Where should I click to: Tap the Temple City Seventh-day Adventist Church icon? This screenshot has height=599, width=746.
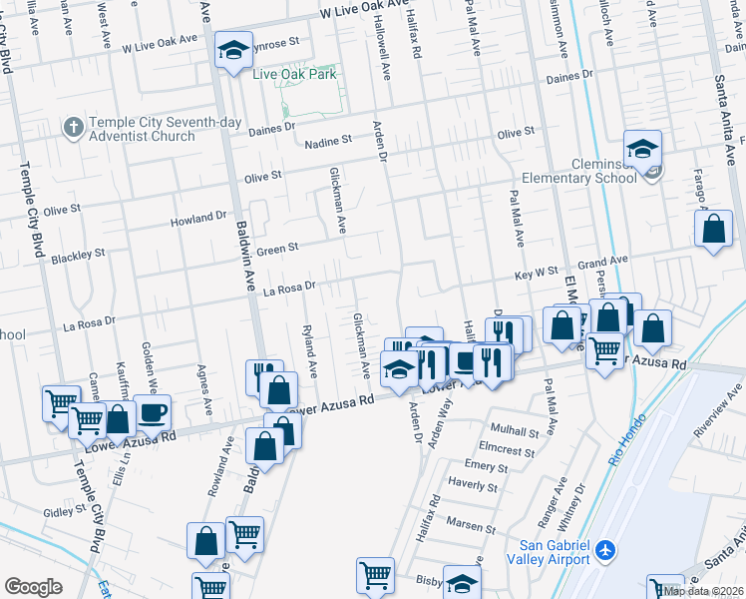click(73, 128)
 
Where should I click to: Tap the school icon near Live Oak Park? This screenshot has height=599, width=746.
click(233, 52)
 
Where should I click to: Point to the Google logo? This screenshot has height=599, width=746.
click(33, 587)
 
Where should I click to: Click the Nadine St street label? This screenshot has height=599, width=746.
click(329, 142)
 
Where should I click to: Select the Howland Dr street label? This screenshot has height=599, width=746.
click(197, 218)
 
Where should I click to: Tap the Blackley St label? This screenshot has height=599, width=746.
click(78, 256)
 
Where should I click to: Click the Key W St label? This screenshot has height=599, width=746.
click(536, 272)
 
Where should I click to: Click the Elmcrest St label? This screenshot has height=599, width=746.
click(501, 449)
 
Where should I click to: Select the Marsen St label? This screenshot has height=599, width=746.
click(471, 526)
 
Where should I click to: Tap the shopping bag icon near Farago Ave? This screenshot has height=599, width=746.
click(714, 230)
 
